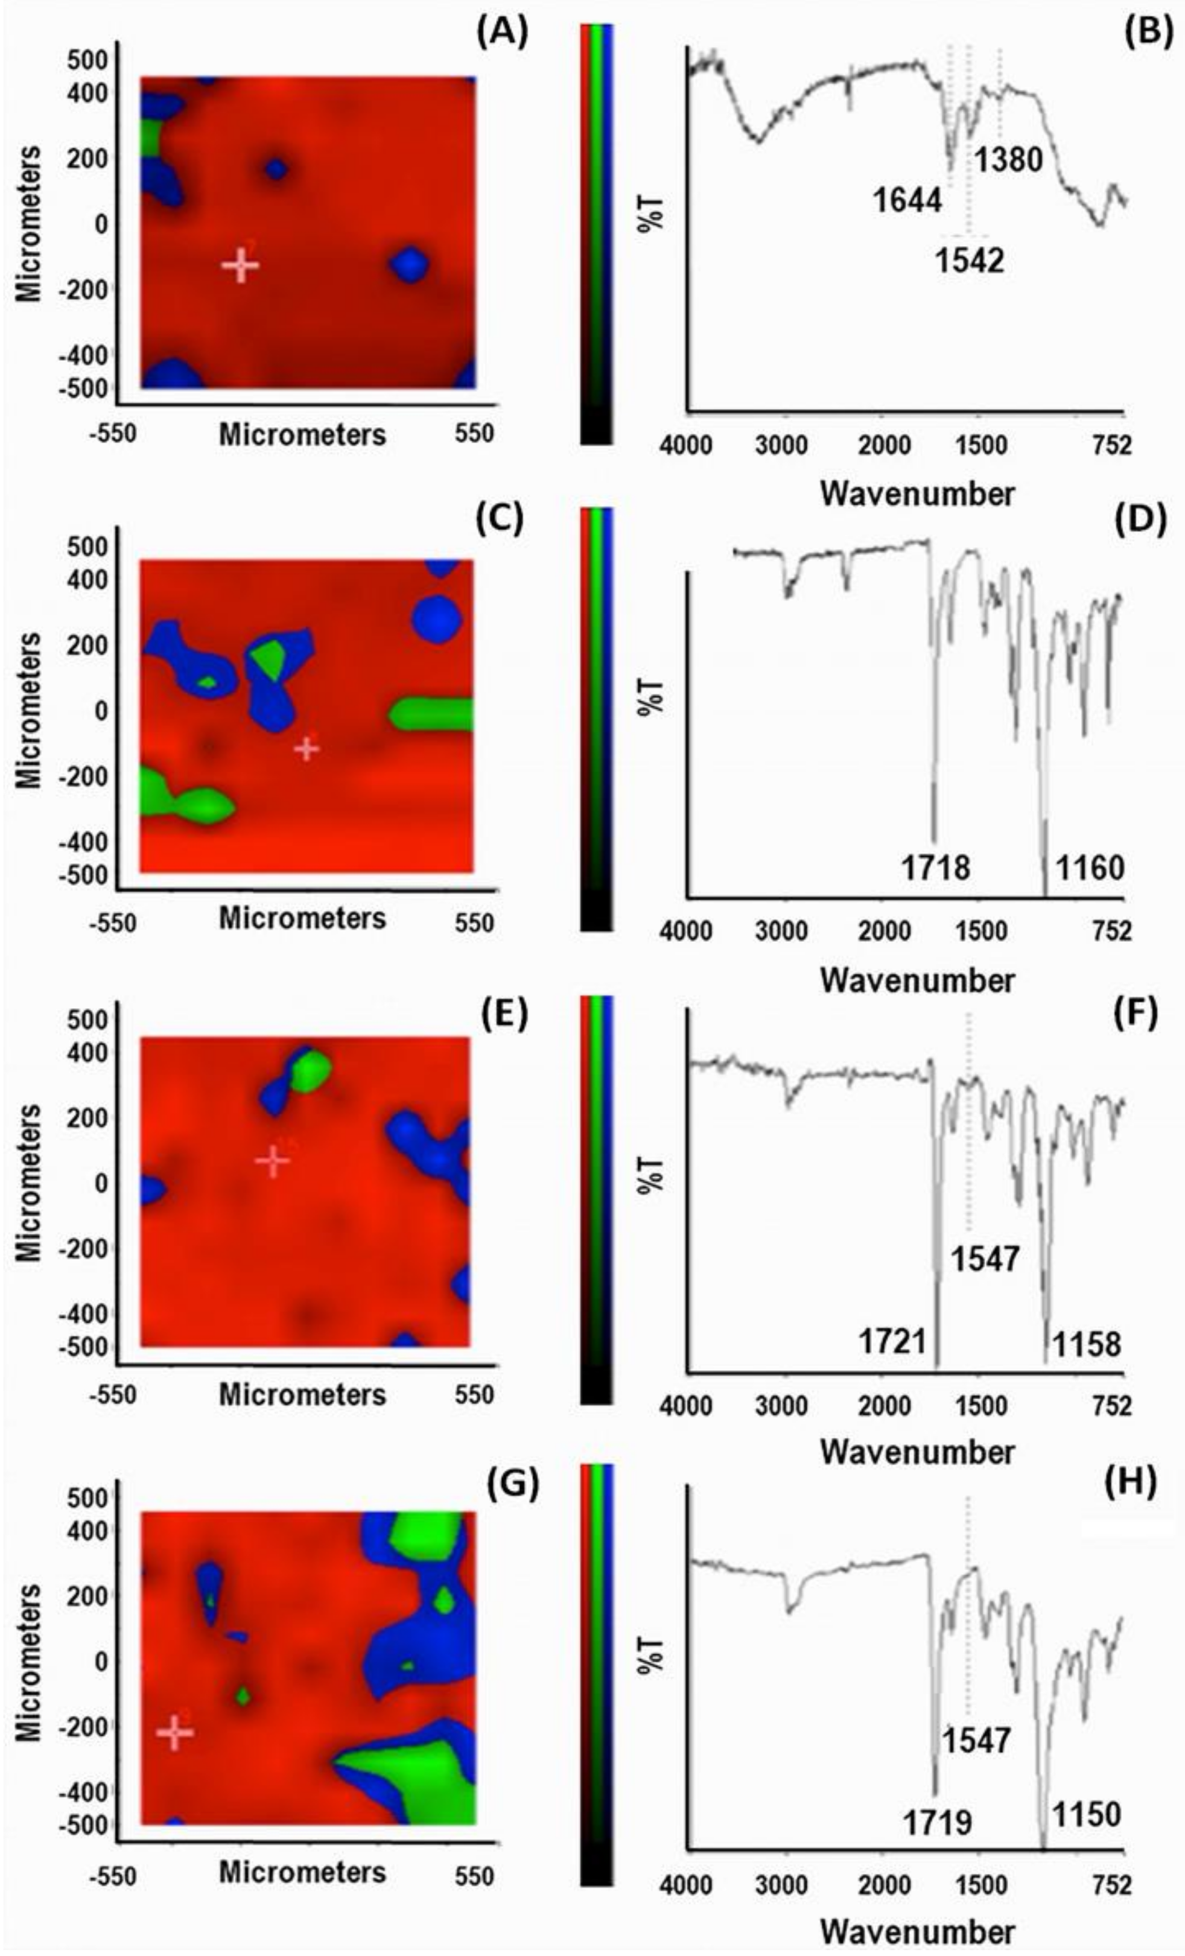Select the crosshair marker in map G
point(174,1732)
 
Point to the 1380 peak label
point(1008,160)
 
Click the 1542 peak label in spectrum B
point(969,261)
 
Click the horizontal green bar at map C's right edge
point(433,714)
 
